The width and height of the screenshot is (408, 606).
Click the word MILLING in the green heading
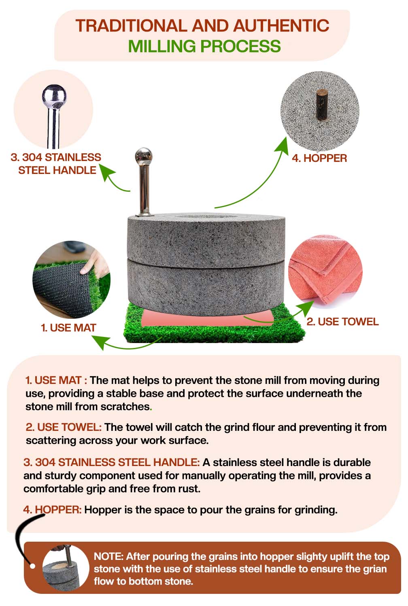click(161, 46)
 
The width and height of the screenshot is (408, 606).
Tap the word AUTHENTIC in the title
click(281, 26)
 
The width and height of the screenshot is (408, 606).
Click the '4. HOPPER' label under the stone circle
click(319, 158)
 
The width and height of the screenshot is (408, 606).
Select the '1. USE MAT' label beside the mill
click(68, 328)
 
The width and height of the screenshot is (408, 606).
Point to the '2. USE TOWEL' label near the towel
click(342, 322)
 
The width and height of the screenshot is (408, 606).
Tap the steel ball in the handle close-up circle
click(54, 97)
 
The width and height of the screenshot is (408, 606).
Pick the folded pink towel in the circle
click(325, 271)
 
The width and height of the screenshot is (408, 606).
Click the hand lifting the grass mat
click(93, 263)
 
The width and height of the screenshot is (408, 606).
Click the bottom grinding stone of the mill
click(206, 287)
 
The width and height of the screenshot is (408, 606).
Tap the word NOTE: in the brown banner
click(108, 557)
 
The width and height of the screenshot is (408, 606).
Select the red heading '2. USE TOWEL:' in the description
click(64, 427)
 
